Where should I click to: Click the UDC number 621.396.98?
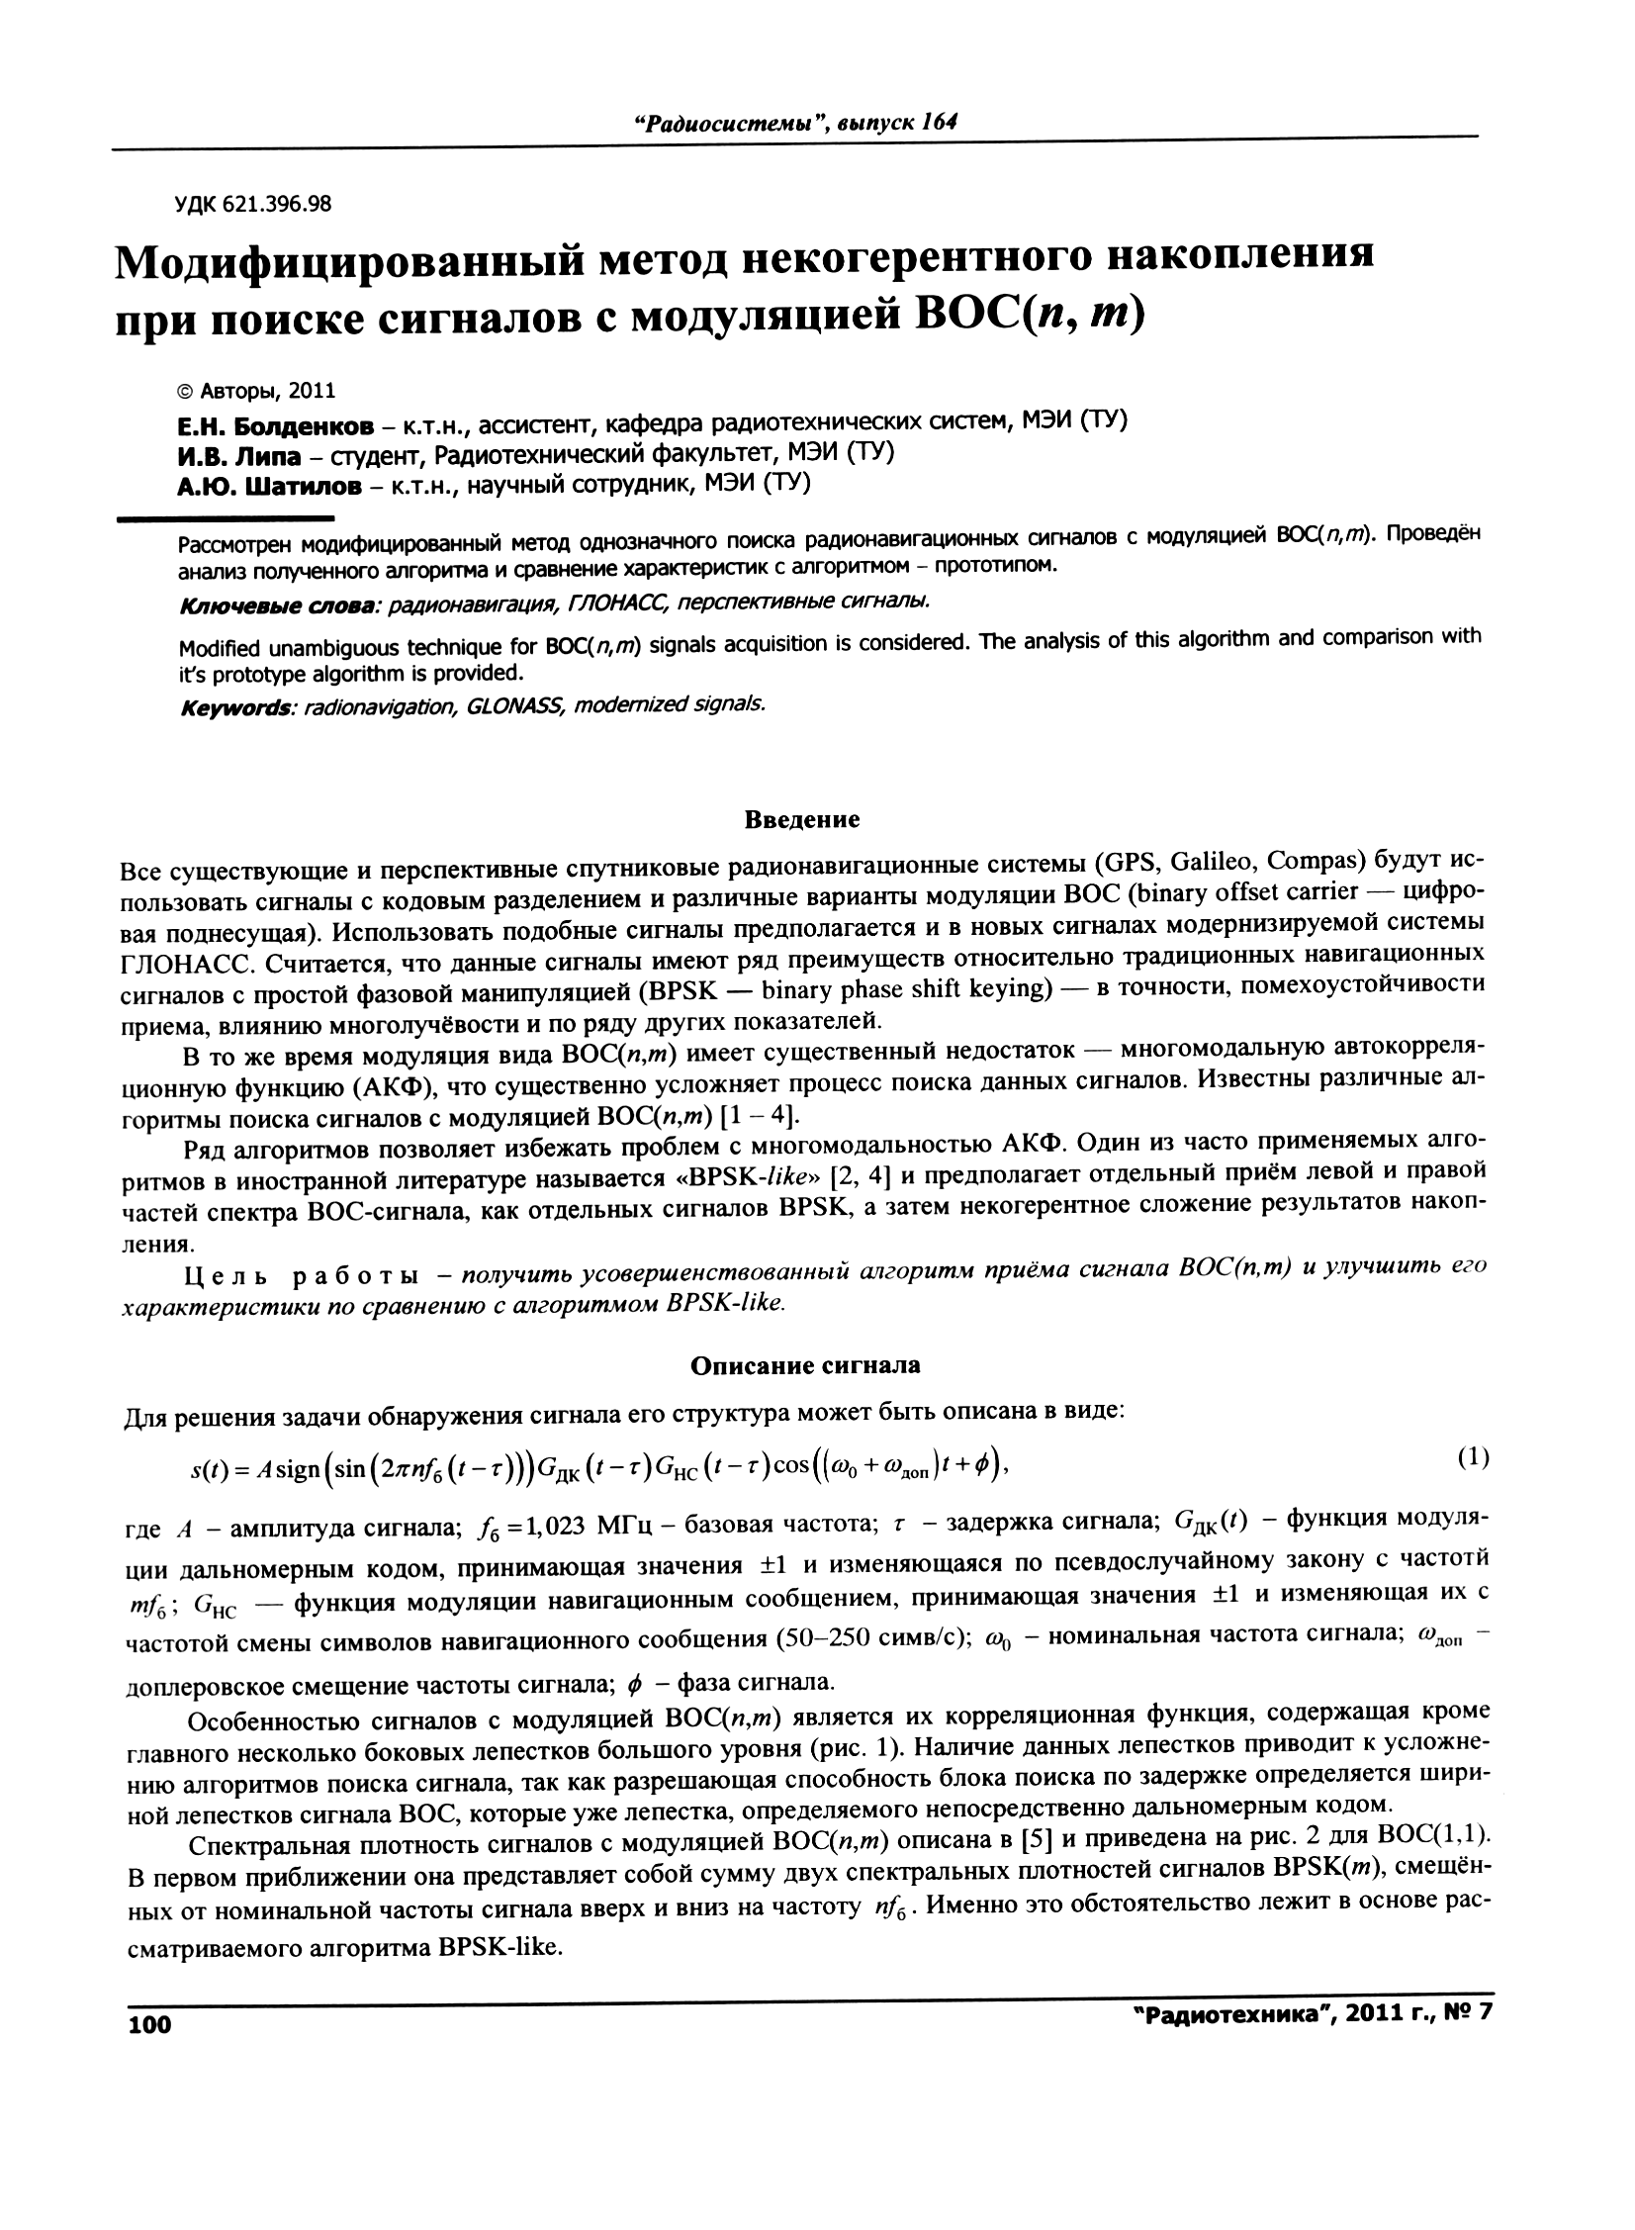[276, 205]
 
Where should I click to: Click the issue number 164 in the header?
[940, 122]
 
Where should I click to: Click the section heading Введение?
[801, 819]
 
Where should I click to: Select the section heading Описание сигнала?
[804, 1365]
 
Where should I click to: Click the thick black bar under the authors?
[226, 517]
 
